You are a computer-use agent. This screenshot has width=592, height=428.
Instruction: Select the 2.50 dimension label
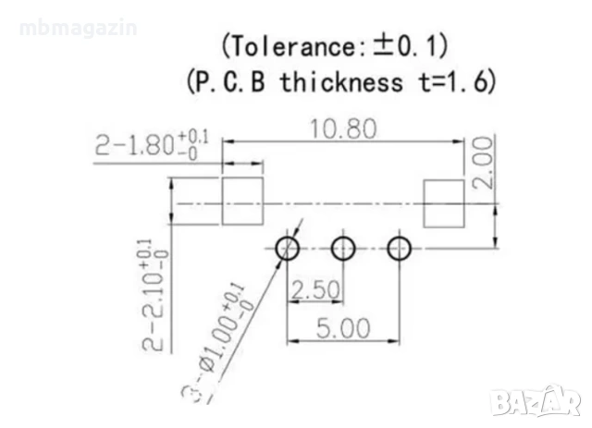pos(314,288)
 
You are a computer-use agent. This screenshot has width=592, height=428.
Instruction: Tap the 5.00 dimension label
pos(344,328)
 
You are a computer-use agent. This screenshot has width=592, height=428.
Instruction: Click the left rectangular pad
pos(242,202)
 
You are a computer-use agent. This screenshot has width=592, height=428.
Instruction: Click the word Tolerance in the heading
pos(286,45)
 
